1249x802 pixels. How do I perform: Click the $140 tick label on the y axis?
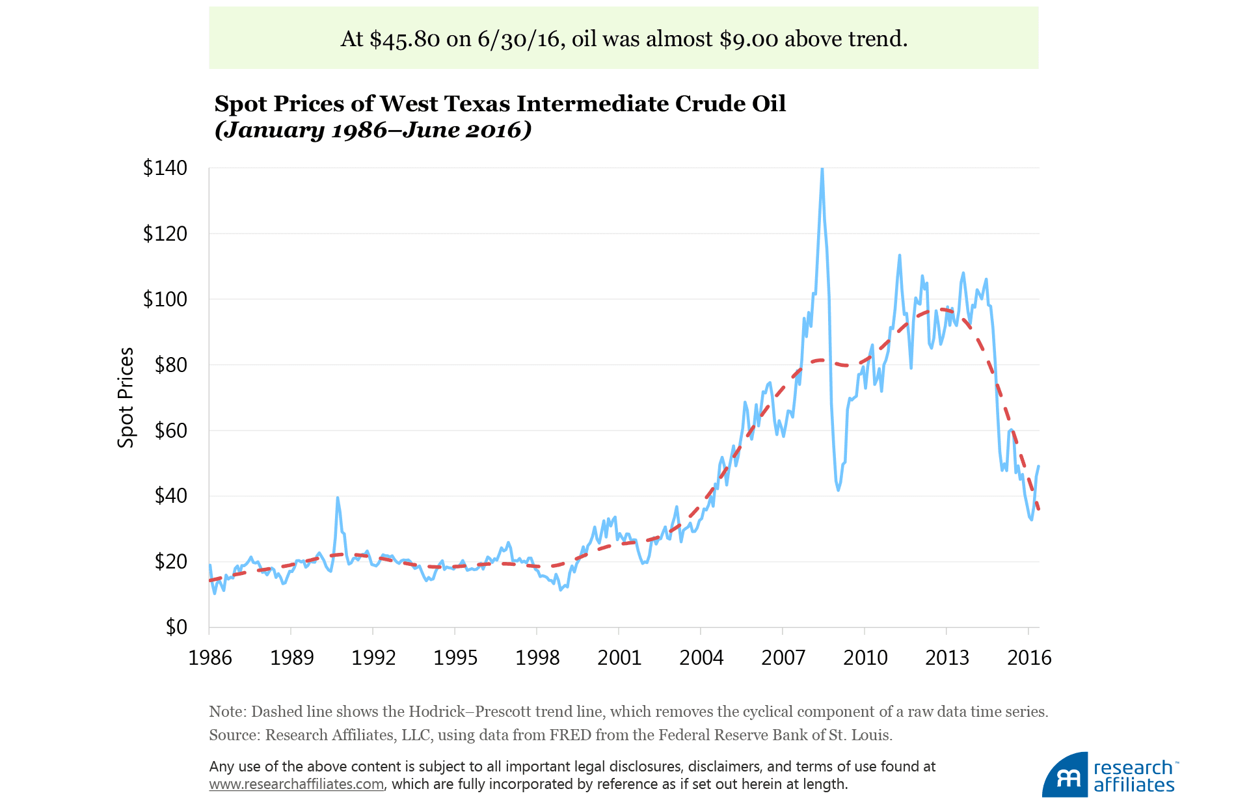[165, 168]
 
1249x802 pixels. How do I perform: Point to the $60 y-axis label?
[170, 431]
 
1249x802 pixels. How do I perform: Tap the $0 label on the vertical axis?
[176, 627]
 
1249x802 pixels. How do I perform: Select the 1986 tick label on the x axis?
[210, 658]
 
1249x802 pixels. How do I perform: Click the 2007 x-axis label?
[783, 658]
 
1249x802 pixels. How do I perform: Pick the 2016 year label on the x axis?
[1029, 658]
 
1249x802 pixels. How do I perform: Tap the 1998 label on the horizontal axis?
[537, 658]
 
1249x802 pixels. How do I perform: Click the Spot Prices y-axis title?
[126, 397]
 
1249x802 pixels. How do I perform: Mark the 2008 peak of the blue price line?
[822, 169]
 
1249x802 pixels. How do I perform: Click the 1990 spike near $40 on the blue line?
[338, 498]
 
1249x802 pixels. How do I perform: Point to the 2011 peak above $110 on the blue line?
[900, 256]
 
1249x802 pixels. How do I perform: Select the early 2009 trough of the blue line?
[838, 489]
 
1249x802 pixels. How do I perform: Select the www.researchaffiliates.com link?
[296, 784]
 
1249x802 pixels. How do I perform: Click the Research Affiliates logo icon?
[1065, 775]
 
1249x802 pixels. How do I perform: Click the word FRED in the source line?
[570, 735]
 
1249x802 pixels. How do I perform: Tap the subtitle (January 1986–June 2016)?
[373, 130]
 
